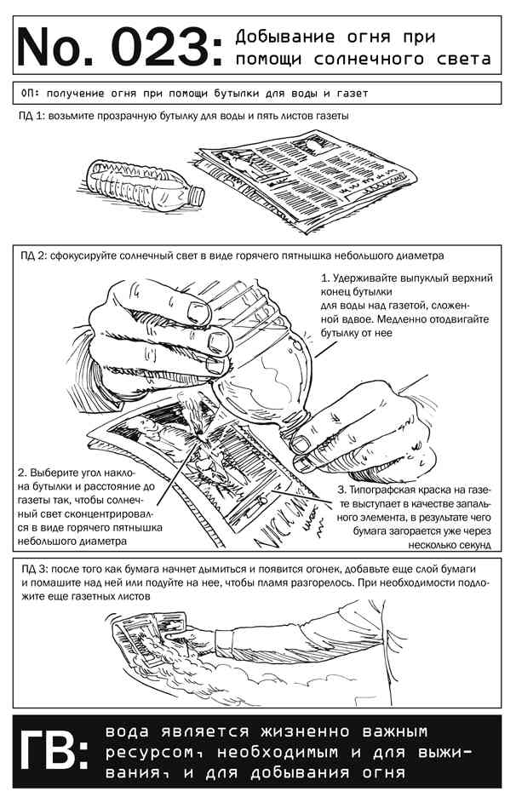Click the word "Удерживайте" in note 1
click(x=370, y=278)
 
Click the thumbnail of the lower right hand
click(x=301, y=444)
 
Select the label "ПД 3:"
click(x=35, y=567)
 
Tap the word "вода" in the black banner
click(x=131, y=732)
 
